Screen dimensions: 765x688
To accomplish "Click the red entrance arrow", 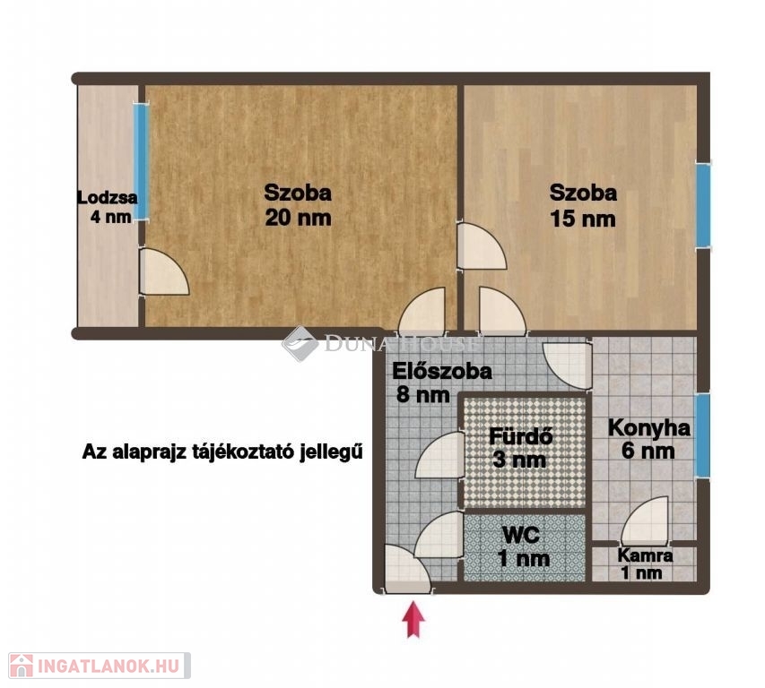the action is [413, 619].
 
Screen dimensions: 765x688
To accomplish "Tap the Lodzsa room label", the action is [108, 198].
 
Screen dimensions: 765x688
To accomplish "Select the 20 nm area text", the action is [298, 218].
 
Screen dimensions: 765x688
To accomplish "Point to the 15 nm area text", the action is [583, 218].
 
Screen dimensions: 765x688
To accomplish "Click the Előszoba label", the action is [442, 372].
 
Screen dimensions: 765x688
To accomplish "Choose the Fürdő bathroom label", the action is [520, 436].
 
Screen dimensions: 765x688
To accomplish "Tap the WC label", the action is [521, 535].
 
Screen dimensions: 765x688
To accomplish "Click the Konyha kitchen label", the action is [649, 428].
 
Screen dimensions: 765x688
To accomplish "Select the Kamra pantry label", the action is [645, 555].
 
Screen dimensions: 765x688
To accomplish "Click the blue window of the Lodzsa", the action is [142, 161].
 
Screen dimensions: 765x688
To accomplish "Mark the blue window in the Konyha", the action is [702, 435].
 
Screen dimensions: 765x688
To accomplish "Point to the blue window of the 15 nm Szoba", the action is [703, 204].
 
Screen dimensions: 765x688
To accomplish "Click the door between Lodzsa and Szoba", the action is [163, 272].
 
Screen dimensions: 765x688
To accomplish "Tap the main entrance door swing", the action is [407, 569].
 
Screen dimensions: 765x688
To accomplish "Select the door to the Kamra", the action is [645, 520].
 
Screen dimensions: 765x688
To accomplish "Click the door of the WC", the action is [439, 535].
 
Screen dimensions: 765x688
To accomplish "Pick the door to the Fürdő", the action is [439, 454].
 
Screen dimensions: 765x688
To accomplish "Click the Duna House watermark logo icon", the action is [300, 343].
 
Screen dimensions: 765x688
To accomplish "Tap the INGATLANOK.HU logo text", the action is [109, 666].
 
